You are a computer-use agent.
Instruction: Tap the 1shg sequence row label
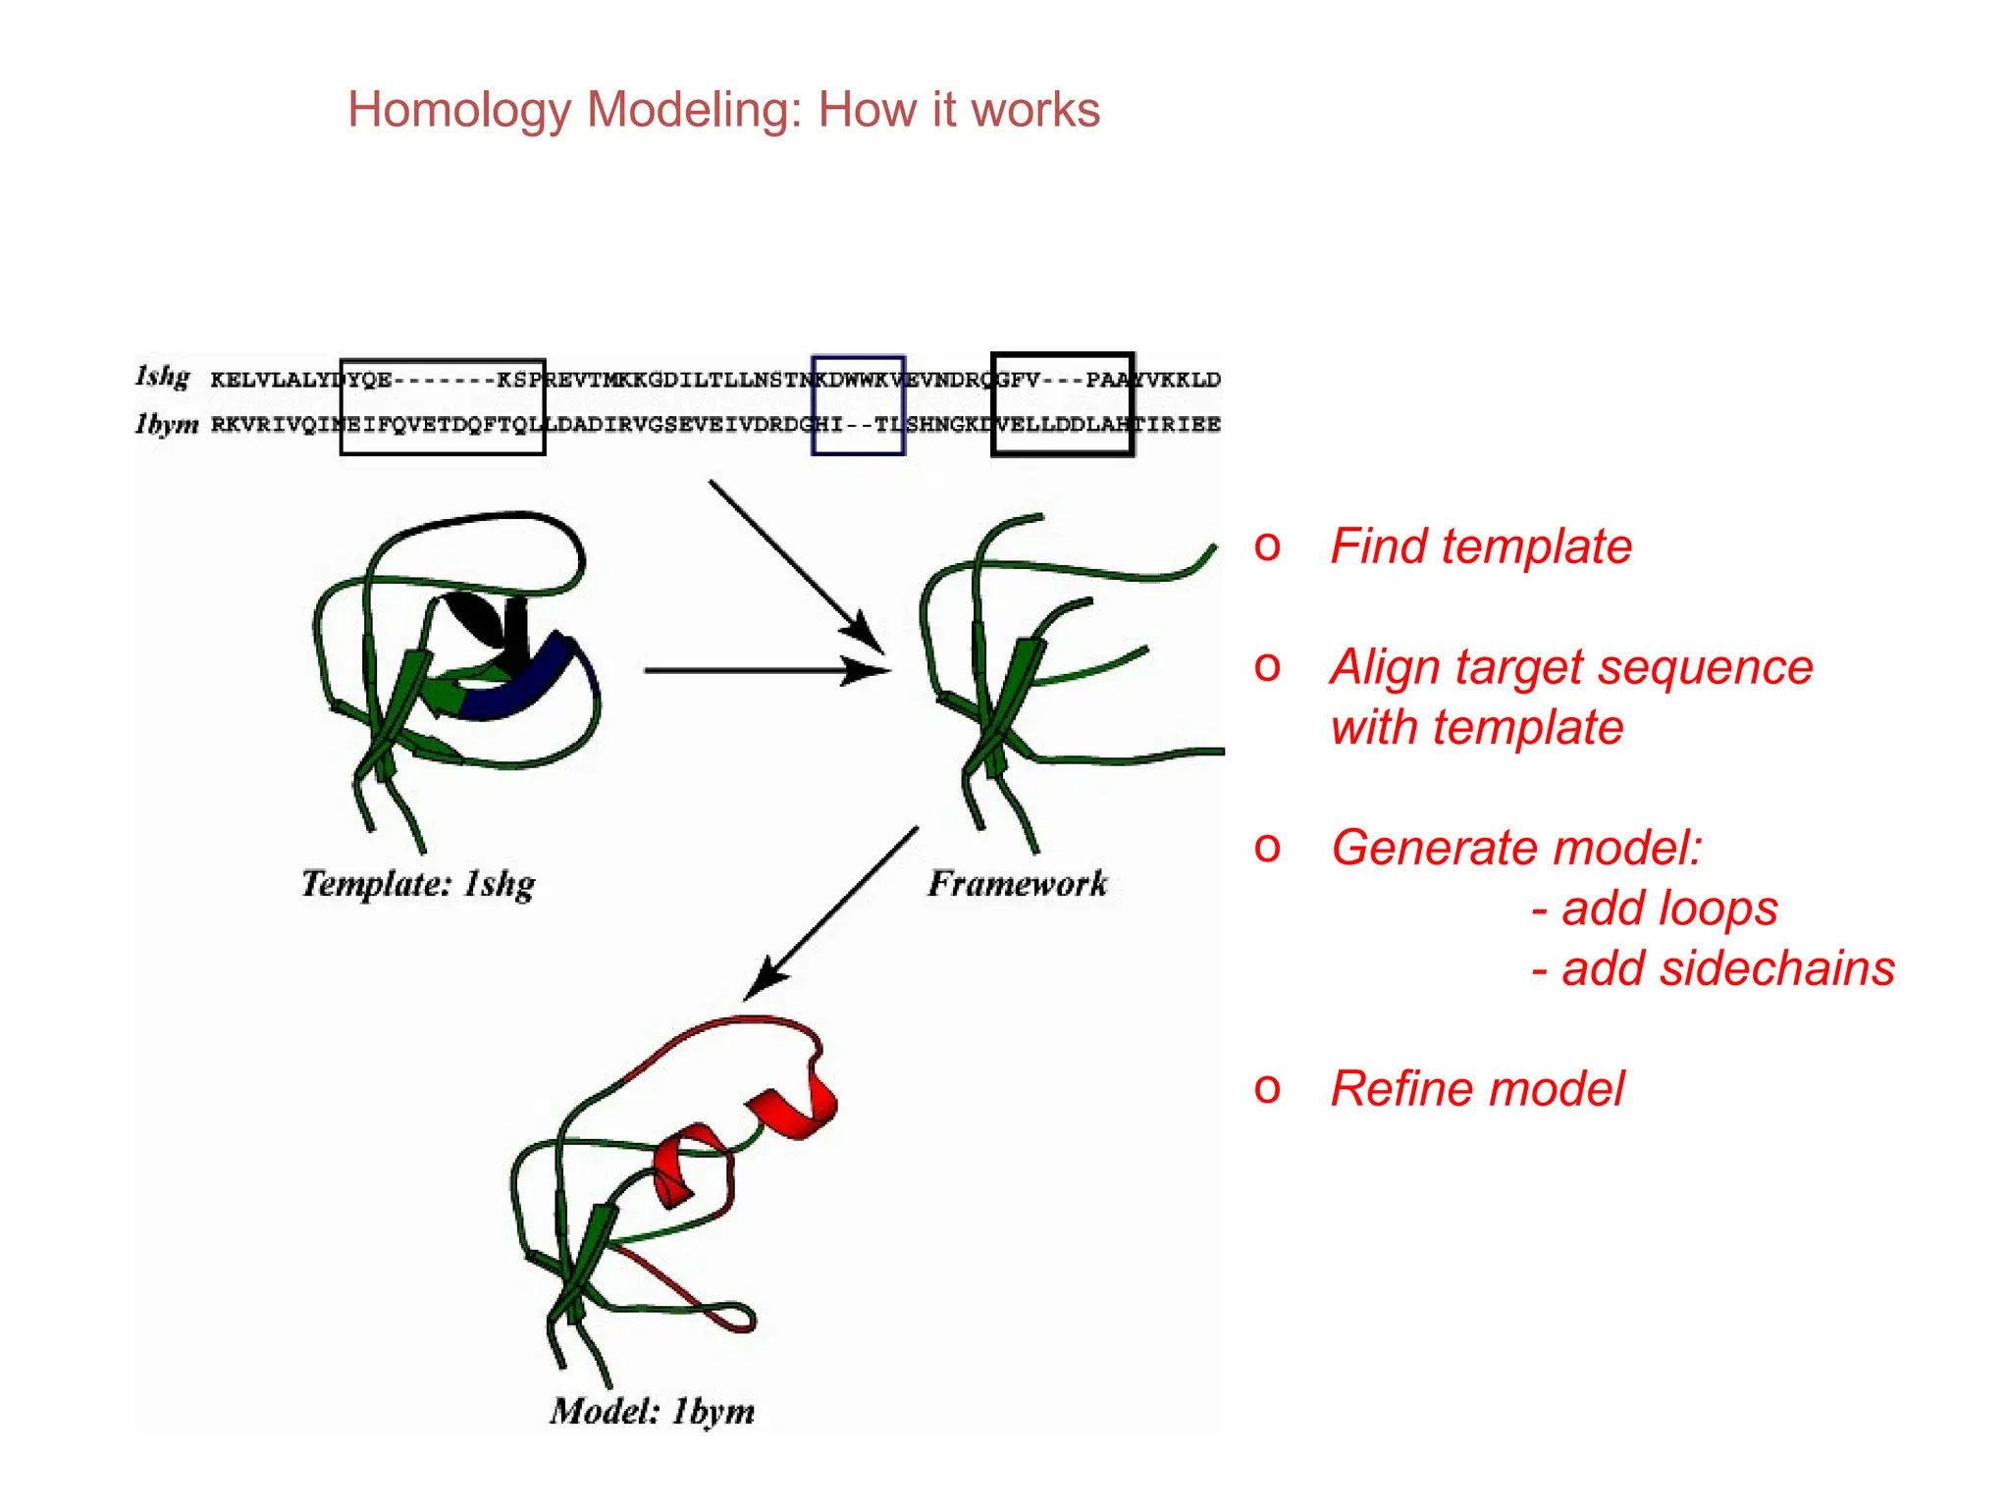tap(162, 378)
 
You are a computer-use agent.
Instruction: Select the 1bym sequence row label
tap(167, 424)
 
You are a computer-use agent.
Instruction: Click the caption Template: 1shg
tap(418, 884)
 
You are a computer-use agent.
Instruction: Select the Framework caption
tap(1018, 884)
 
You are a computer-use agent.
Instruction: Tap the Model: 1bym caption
tap(653, 1412)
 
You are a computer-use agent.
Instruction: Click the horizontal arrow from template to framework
tap(766, 671)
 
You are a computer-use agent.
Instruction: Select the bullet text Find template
tap(1480, 546)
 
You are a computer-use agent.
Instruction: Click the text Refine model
tap(1477, 1089)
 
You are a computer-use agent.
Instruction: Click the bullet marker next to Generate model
tap(1267, 847)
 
